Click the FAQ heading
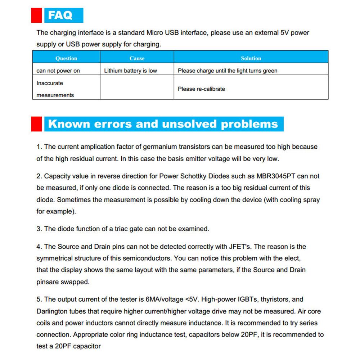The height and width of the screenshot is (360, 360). pos(60,15)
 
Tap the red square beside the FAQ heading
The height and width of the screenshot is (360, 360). pos(37,15)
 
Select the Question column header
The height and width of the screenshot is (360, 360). pos(66,58)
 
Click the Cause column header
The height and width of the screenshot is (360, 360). pos(137,58)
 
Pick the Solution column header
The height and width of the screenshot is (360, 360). pos(251,58)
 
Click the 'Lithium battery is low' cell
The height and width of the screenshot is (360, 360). pos(130,71)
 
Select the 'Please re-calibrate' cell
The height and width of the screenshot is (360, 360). pos(201,89)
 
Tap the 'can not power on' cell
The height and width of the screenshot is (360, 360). pos(58,71)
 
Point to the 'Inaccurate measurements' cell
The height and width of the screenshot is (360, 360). pos(55,89)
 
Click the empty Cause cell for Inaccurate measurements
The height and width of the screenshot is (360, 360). pos(137,87)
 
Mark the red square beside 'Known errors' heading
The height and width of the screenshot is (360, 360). pos(37,124)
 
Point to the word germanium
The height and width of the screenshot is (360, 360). pos(160,147)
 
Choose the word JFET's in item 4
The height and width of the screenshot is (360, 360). pos(240,247)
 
